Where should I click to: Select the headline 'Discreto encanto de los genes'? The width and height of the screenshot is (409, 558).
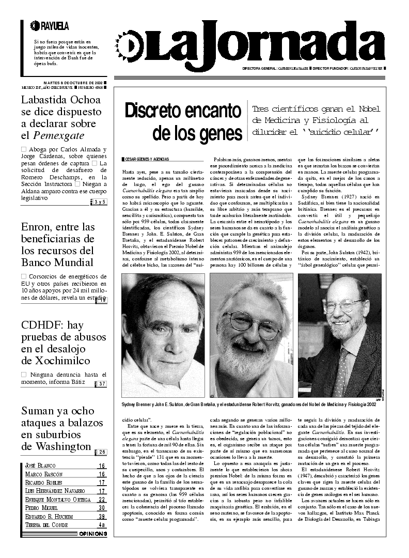[183, 122]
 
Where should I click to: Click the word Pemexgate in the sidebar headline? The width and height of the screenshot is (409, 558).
[59, 136]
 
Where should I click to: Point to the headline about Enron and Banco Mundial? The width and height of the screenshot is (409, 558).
[58, 244]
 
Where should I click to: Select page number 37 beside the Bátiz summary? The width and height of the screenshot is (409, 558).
[102, 384]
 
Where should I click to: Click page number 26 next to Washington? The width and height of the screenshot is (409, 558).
[102, 452]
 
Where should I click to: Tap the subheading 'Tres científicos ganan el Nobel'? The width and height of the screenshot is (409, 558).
[316, 109]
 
